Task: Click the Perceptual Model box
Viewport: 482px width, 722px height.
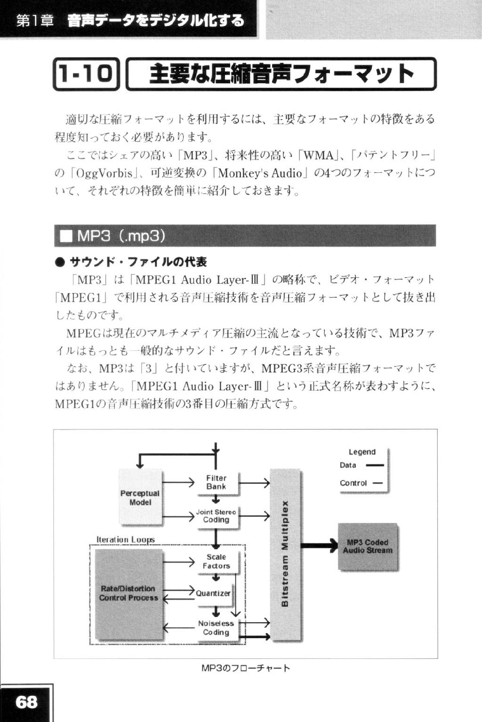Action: [x=140, y=497]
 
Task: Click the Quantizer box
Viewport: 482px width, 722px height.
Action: [x=213, y=594]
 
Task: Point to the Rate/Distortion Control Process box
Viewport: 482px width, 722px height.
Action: [x=129, y=594]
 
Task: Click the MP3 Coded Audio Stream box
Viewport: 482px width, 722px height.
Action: [x=368, y=546]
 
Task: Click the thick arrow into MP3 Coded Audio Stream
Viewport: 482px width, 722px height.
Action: [x=319, y=546]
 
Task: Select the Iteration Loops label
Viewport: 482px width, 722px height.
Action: [x=125, y=539]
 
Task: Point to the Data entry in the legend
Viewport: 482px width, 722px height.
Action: [x=362, y=465]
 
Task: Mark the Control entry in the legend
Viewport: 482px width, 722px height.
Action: [x=361, y=483]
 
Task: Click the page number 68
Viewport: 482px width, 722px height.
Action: [x=26, y=701]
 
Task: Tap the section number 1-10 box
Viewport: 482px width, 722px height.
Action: [x=86, y=74]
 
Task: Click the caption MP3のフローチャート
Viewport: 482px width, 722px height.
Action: [x=246, y=667]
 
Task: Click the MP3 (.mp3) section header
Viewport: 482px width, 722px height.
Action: [x=245, y=236]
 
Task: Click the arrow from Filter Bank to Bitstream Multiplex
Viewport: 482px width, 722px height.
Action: [x=254, y=483]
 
